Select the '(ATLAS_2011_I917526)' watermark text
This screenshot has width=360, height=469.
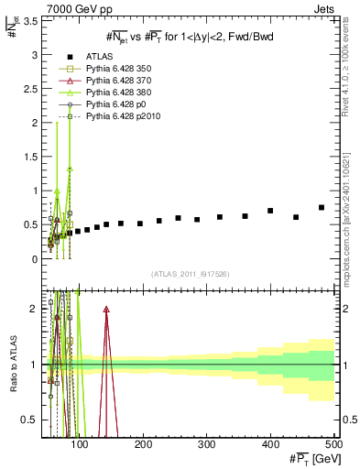point(190,274)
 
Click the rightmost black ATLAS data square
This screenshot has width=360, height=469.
point(322,207)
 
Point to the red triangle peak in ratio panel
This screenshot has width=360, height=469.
point(106,311)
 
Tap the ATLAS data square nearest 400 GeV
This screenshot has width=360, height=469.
point(270,211)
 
